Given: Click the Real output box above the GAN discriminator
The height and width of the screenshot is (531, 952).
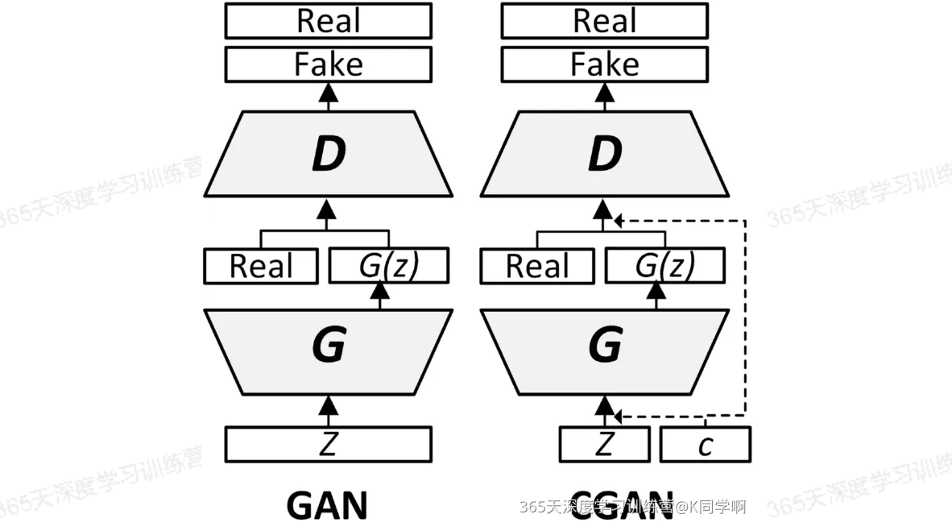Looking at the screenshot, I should click(x=328, y=21).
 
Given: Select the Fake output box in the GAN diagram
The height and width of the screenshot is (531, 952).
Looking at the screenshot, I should click(x=328, y=64).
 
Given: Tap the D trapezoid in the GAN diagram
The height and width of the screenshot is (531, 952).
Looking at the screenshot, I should click(x=328, y=154).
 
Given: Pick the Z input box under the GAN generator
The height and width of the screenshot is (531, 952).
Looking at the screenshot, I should click(x=328, y=444).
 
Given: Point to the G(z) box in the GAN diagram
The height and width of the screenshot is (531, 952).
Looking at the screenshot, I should click(x=389, y=266).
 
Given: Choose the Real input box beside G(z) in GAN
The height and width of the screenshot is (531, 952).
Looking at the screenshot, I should click(x=260, y=267).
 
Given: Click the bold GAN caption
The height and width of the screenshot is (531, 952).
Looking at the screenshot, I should click(x=327, y=506).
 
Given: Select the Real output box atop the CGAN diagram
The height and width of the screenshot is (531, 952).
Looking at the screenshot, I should click(x=604, y=21).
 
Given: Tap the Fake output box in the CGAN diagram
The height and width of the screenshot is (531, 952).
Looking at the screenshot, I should click(x=604, y=64).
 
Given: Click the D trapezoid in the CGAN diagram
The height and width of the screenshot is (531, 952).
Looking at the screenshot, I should click(x=604, y=154).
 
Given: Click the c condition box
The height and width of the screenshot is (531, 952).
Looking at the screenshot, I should click(x=706, y=445).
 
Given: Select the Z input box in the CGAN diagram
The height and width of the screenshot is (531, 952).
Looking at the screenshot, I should click(x=604, y=445).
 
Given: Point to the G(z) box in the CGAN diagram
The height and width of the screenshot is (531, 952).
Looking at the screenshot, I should click(x=665, y=266).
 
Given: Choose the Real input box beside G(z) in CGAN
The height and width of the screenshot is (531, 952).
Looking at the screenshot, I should click(x=536, y=267).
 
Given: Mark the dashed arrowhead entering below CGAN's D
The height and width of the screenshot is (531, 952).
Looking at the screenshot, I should click(x=618, y=219).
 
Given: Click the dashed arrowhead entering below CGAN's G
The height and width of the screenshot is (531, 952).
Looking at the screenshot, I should click(x=618, y=416).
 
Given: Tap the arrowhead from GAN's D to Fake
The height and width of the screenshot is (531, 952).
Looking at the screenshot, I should click(x=328, y=93).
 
